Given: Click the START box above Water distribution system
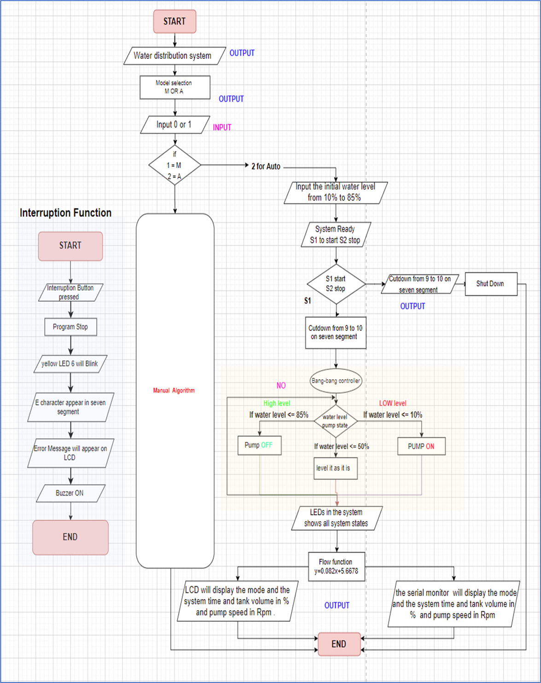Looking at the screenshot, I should pos(175,22).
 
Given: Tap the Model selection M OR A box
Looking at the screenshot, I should pos(175,87).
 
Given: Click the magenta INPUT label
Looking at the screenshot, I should pos(222,127).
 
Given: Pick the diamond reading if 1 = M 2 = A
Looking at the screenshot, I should pos(175,165).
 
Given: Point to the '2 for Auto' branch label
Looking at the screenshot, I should pos(266,167).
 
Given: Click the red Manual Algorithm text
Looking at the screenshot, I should pos(174,390).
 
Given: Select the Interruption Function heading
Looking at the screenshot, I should pos(65,213).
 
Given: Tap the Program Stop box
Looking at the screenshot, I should pos(70,327).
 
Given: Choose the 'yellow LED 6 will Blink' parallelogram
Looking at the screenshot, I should pos(70,364).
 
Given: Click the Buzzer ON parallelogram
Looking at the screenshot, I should pos(70,493).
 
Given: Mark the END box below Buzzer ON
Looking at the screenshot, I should pos(70,537).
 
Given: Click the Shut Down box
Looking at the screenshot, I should pos(490,284).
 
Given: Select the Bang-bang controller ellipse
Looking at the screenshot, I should pos(336,381).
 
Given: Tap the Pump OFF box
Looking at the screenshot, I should pos(259,446).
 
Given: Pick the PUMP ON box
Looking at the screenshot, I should pos(421,446).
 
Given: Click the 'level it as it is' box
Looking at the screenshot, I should pos(335,468).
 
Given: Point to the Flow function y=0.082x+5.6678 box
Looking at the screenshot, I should pos(336,567).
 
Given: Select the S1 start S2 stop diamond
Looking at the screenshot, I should pos(336,284).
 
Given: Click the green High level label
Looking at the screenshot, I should pos(277,403).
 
